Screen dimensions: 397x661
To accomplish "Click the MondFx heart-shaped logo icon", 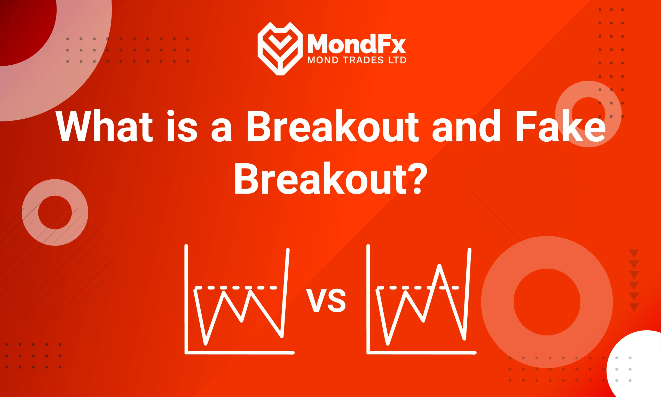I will (x=280, y=48).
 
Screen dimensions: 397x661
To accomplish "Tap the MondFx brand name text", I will (x=356, y=44).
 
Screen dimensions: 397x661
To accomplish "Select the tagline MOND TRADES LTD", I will (x=356, y=60).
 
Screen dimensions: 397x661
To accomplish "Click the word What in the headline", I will (x=105, y=126).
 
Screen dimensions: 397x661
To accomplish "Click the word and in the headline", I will (x=466, y=126).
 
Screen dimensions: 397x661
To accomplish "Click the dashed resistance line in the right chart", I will (x=401, y=288).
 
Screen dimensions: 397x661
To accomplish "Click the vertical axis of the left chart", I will (x=186, y=297).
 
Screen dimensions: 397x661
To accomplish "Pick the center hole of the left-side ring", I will (x=55, y=212).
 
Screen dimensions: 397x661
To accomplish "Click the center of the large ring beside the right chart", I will (x=547, y=302).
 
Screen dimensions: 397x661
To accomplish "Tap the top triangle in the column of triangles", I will (x=634, y=253).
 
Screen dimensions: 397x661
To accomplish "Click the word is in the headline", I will (x=182, y=126).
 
